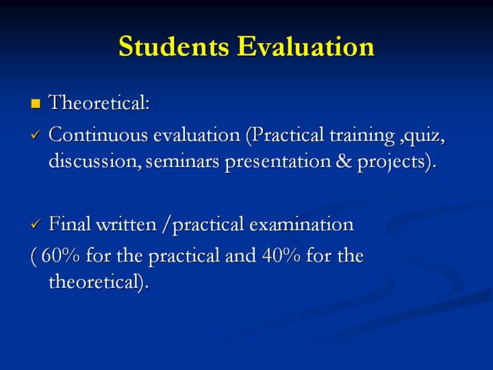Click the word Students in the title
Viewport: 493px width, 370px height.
[x=174, y=47]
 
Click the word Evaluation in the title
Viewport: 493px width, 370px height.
[x=305, y=47]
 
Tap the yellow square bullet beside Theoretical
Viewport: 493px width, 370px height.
[x=36, y=103]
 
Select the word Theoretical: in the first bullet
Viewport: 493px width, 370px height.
[x=99, y=102]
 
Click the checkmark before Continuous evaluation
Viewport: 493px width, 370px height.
[x=36, y=135]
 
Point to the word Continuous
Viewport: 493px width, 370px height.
[x=99, y=135]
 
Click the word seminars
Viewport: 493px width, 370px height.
[x=182, y=162]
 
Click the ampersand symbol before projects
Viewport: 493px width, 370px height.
[x=344, y=161]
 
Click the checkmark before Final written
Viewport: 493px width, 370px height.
[x=36, y=224]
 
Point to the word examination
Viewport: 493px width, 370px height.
[x=302, y=224]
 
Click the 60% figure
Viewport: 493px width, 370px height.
[x=60, y=255]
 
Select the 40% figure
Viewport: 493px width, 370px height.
[x=281, y=255]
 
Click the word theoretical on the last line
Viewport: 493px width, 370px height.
[x=93, y=281]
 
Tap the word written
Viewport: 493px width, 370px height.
[x=126, y=224]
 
